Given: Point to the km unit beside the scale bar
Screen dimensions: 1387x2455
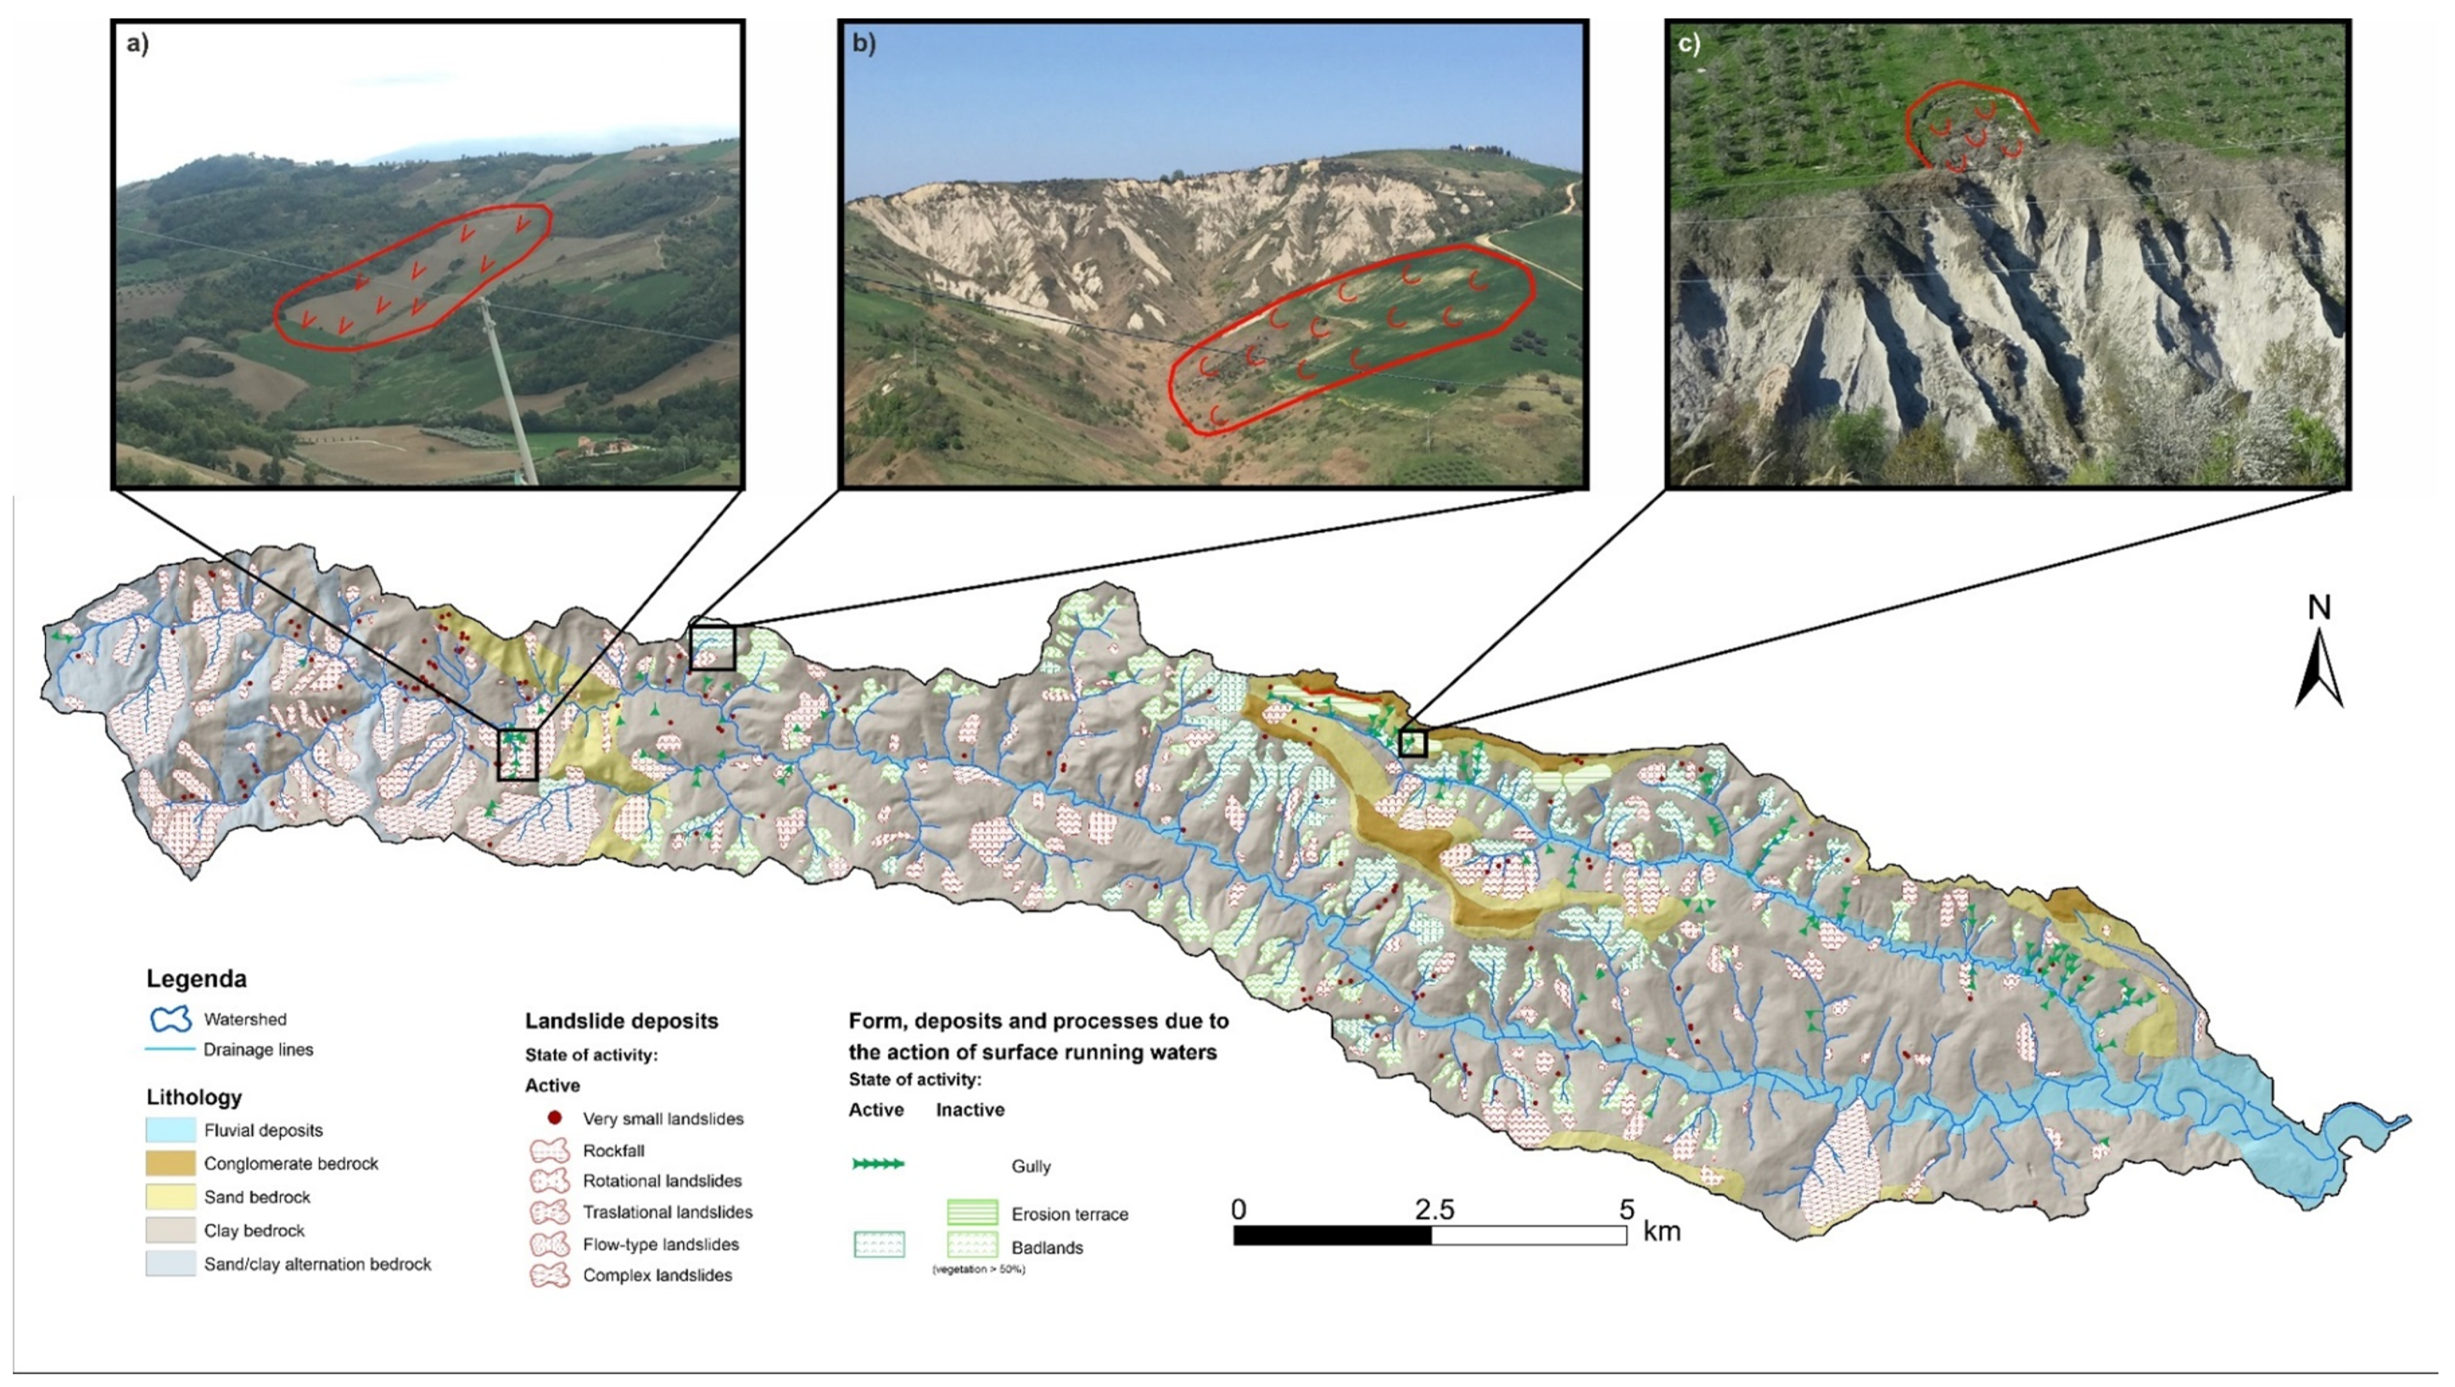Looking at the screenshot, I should click(1662, 1231).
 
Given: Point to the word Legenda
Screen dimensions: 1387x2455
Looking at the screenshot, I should click(196, 979).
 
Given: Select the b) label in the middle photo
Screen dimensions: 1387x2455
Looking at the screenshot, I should click(864, 45).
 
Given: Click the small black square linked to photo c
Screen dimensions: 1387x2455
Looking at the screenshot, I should click(1412, 743).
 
